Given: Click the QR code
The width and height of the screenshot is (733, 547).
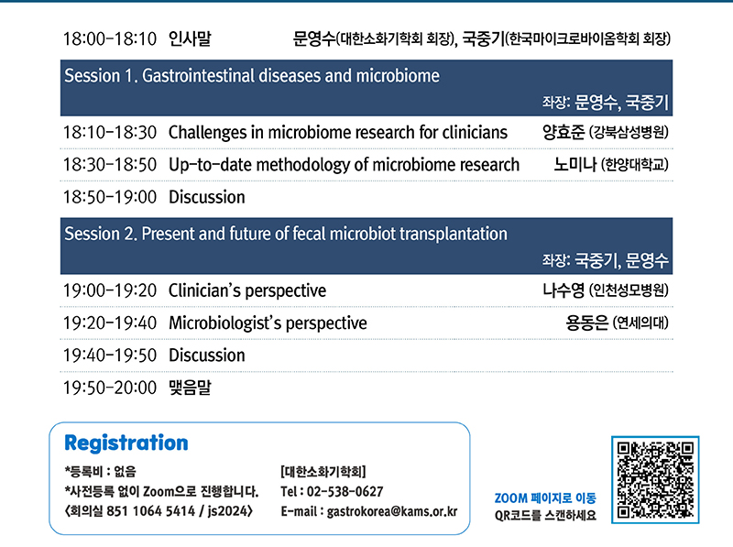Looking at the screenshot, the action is point(655,480).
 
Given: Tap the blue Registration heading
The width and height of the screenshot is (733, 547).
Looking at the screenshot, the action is point(126,443).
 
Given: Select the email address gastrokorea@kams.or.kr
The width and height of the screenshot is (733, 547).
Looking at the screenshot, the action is point(392,511).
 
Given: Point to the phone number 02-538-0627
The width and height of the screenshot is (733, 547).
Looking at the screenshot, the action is point(345,491).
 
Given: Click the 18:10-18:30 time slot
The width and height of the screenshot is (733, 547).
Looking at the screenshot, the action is point(110,132).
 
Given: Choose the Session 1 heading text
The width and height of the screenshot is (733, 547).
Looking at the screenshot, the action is point(252,76).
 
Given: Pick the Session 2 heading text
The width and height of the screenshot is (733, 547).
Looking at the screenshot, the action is point(286,234).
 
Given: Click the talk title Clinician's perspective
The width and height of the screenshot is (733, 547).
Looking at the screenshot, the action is point(247,290).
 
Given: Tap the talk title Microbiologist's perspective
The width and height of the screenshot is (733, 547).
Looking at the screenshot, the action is point(268,323).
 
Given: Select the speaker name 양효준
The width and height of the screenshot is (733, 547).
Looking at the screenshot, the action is point(563,132).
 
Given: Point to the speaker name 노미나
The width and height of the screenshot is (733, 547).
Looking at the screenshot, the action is point(575,165).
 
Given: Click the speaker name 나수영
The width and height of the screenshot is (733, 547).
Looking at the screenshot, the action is point(563,290).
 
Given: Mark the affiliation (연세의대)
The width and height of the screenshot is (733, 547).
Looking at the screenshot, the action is point(640,323).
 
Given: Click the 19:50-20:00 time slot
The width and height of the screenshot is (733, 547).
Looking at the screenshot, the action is point(110,388).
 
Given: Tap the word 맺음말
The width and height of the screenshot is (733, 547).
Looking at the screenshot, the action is point(190,387).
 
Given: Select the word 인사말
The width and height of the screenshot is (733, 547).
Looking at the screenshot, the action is point(190,38).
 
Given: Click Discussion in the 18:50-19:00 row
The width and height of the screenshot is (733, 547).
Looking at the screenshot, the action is point(207,197).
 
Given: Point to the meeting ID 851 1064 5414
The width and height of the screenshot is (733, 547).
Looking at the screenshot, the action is point(150,511).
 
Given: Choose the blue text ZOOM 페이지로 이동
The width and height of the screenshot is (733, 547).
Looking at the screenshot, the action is point(545,498).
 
